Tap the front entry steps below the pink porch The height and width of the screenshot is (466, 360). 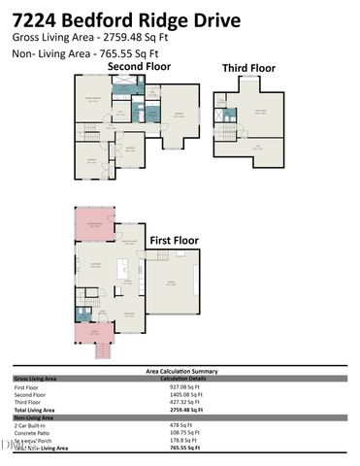101,351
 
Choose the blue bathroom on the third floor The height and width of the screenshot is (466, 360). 229,115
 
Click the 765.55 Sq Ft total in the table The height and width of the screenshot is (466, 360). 184,449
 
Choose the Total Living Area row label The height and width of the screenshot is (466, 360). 35,411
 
